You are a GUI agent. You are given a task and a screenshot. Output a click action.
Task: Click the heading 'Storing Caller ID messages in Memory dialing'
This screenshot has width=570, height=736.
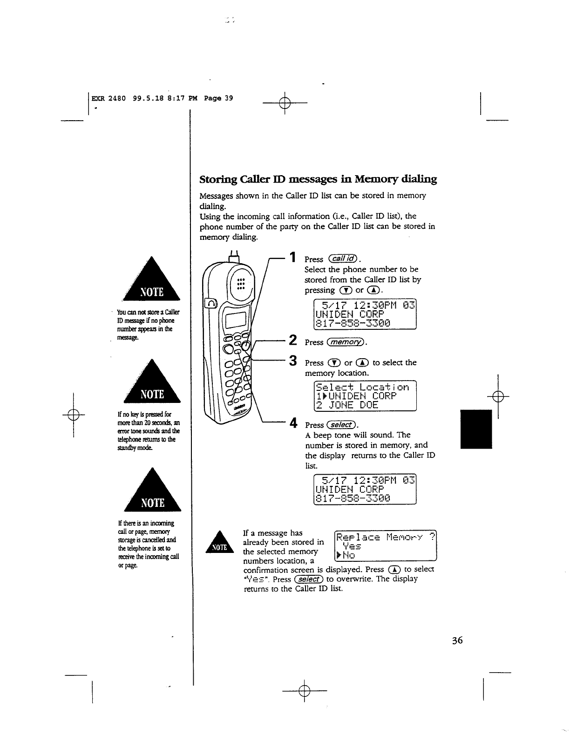tap(318, 179)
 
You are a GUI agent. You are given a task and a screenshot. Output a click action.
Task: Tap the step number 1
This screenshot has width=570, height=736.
tap(292, 257)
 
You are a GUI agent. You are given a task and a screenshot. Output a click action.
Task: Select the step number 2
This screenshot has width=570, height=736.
tap(293, 340)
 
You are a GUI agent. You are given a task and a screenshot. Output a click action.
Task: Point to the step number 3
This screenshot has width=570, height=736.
tap(293, 361)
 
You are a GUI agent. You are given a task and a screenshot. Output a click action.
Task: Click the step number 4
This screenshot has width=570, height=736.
tap(293, 423)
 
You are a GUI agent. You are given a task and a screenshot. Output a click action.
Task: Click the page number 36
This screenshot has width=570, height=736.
tap(457, 641)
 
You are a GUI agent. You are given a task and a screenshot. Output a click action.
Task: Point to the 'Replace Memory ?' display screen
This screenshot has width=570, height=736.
tap(386, 545)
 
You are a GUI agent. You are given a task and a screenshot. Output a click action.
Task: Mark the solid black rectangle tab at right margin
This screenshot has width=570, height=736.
tap(476, 429)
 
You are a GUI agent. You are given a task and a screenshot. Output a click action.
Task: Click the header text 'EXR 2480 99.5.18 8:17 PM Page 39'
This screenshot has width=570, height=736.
tap(162, 98)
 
